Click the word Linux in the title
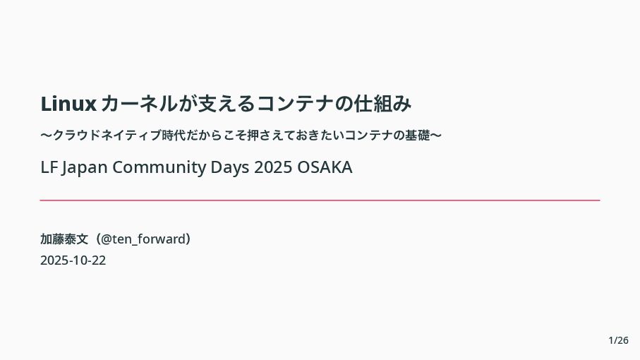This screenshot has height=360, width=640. click(68, 103)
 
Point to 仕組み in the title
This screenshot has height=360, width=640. click(382, 103)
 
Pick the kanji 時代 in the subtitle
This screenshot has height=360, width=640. click(174, 135)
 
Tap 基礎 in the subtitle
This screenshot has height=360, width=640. click(417, 135)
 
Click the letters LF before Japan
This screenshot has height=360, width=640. click(49, 167)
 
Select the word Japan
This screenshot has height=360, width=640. click(85, 168)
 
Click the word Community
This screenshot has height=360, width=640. click(159, 168)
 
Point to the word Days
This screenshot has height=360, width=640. click(230, 168)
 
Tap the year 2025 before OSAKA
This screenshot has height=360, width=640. click(273, 167)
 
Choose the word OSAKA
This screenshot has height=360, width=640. click(325, 167)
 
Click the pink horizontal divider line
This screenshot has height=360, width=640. click(320, 200)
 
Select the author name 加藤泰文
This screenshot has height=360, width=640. click(64, 239)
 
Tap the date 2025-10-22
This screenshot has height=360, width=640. click(73, 260)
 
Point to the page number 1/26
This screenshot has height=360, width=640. click(618, 340)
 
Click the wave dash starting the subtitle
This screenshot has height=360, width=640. click(47, 135)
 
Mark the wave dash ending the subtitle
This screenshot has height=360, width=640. click(436, 135)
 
